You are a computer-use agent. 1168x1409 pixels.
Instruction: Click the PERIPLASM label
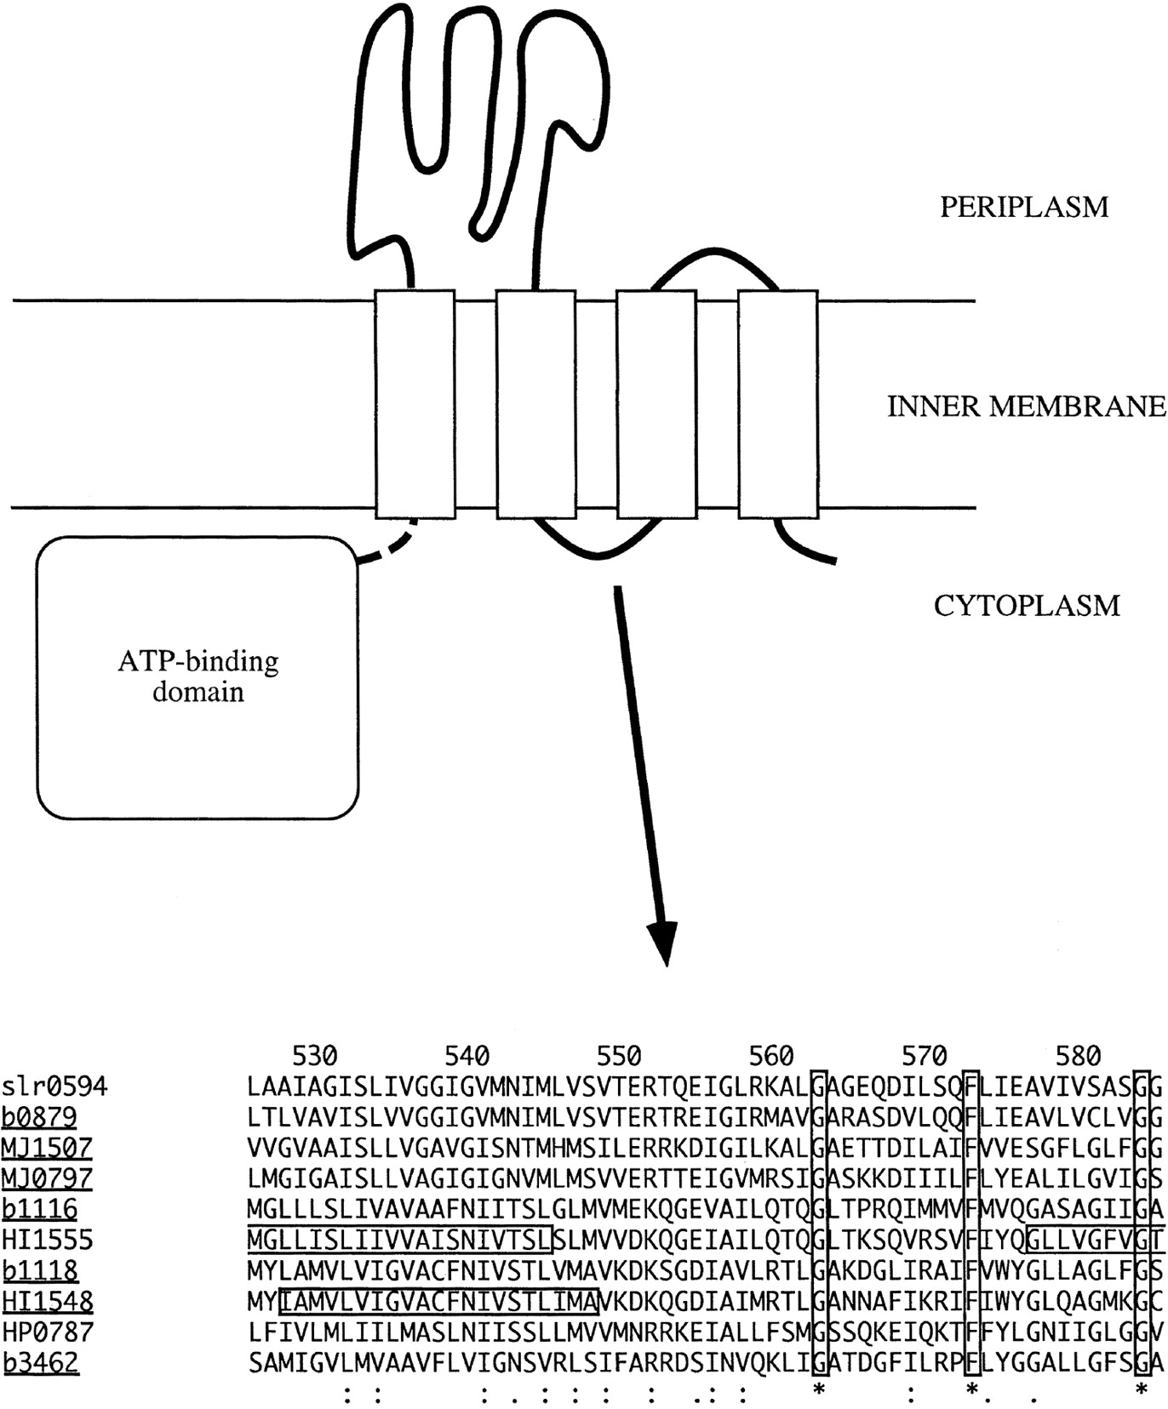[1023, 207]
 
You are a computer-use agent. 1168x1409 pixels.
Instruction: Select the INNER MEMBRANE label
[1026, 407]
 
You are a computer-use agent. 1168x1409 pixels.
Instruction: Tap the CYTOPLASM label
[1027, 606]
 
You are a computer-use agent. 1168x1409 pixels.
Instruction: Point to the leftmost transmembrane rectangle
[415, 403]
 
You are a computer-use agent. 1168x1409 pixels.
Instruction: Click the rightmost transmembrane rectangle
[777, 403]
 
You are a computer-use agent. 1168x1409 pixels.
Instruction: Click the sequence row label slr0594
[54, 1087]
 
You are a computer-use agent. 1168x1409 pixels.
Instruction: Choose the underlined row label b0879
[39, 1117]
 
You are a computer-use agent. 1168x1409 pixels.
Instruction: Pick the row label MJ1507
[47, 1148]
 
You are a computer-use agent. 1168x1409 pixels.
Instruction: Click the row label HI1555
[47, 1240]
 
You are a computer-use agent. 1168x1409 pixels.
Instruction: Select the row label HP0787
[47, 1332]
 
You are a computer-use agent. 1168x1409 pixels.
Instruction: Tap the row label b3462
[39, 1362]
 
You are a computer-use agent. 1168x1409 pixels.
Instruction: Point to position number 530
[314, 1056]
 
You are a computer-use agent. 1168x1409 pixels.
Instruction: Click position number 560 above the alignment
[770, 1056]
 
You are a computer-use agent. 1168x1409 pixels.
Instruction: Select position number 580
[1077, 1056]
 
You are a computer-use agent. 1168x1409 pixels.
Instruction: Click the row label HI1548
[47, 1301]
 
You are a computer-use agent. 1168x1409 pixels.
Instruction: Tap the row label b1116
[39, 1209]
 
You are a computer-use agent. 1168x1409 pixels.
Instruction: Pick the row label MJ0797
[47, 1178]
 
